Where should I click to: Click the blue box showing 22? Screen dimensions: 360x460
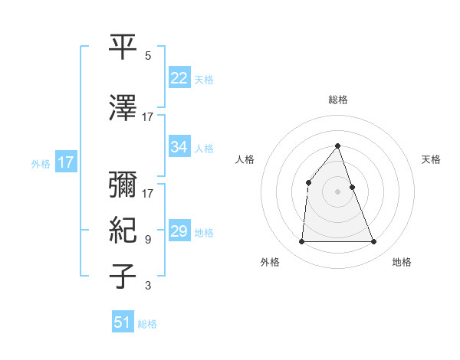click(179, 78)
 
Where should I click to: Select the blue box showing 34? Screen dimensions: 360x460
click(179, 147)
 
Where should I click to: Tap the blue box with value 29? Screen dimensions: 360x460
click(179, 231)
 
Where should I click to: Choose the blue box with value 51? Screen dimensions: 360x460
click(123, 322)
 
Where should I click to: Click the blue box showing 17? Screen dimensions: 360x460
click(65, 162)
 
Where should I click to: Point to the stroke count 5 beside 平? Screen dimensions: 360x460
click(148, 56)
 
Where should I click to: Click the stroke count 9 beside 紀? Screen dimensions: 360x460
click(148, 240)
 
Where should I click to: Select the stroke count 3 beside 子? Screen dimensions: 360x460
click(148, 286)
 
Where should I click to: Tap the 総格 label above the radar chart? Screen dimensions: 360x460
click(338, 100)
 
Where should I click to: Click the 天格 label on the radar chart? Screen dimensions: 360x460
click(432, 159)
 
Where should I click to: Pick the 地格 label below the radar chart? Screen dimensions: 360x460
click(402, 262)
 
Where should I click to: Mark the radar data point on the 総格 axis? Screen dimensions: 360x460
click(338, 146)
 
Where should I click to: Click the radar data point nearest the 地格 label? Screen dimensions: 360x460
click(373, 242)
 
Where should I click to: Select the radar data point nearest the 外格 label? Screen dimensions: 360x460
click(301, 242)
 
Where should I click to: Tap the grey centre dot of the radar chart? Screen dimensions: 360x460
click(338, 191)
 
